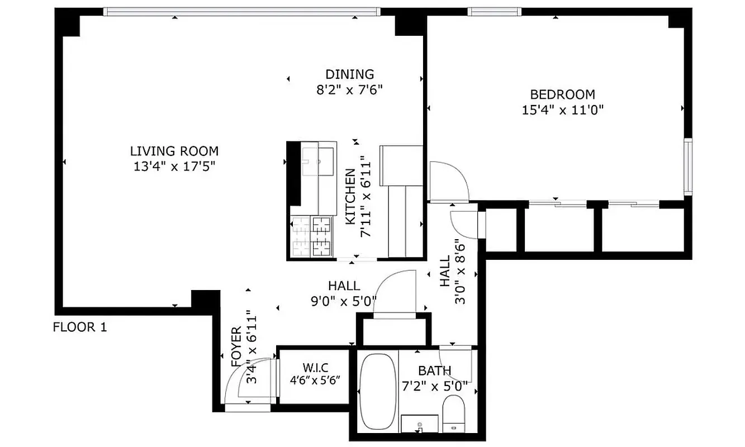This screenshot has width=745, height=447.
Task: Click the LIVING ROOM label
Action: tap(174, 151)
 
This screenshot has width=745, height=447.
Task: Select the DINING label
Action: tap(349, 74)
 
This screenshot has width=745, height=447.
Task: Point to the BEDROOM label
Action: tap(562, 94)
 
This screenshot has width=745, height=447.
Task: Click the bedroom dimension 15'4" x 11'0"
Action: tap(562, 110)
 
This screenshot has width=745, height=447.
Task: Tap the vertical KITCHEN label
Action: tap(350, 197)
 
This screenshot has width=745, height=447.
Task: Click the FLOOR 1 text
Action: tap(79, 327)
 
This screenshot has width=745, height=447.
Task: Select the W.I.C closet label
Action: tap(316, 367)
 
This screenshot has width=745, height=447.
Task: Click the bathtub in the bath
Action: tap(377, 392)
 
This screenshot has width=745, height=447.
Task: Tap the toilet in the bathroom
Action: tap(453, 413)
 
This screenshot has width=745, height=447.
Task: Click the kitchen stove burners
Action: tap(311, 236)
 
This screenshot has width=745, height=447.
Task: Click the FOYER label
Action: tap(236, 346)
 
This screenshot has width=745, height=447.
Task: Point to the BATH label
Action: tap(434, 370)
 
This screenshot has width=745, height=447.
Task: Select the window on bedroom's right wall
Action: tap(688, 166)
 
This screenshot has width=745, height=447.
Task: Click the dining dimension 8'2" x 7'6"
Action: tap(349, 89)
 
